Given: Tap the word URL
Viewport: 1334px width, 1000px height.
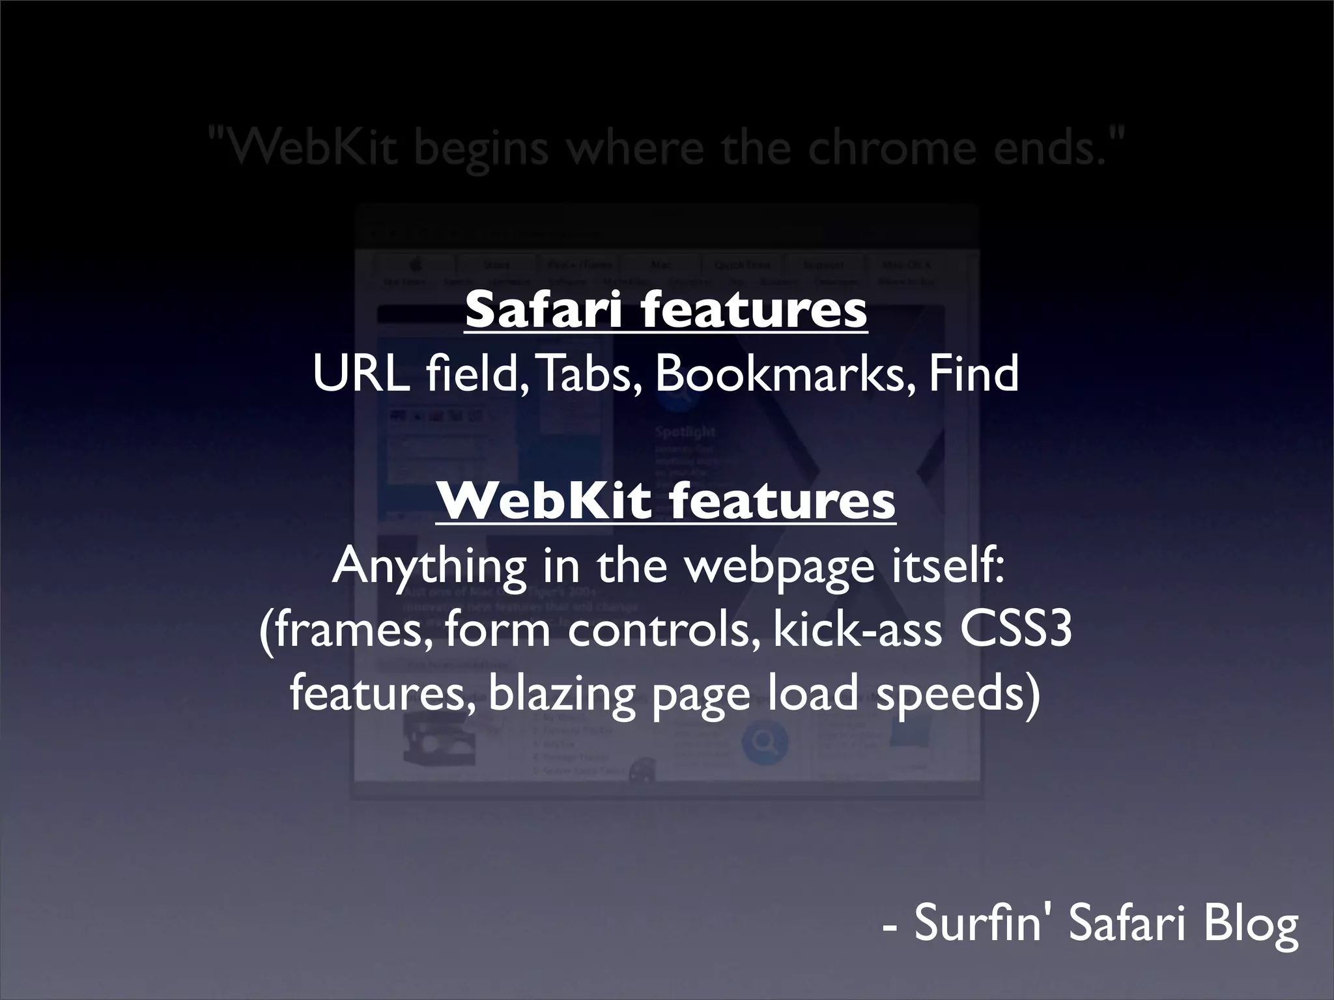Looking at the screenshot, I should pyautogui.click(x=361, y=374).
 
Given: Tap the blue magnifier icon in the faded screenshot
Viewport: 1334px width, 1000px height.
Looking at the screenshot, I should pyautogui.click(x=765, y=742).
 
